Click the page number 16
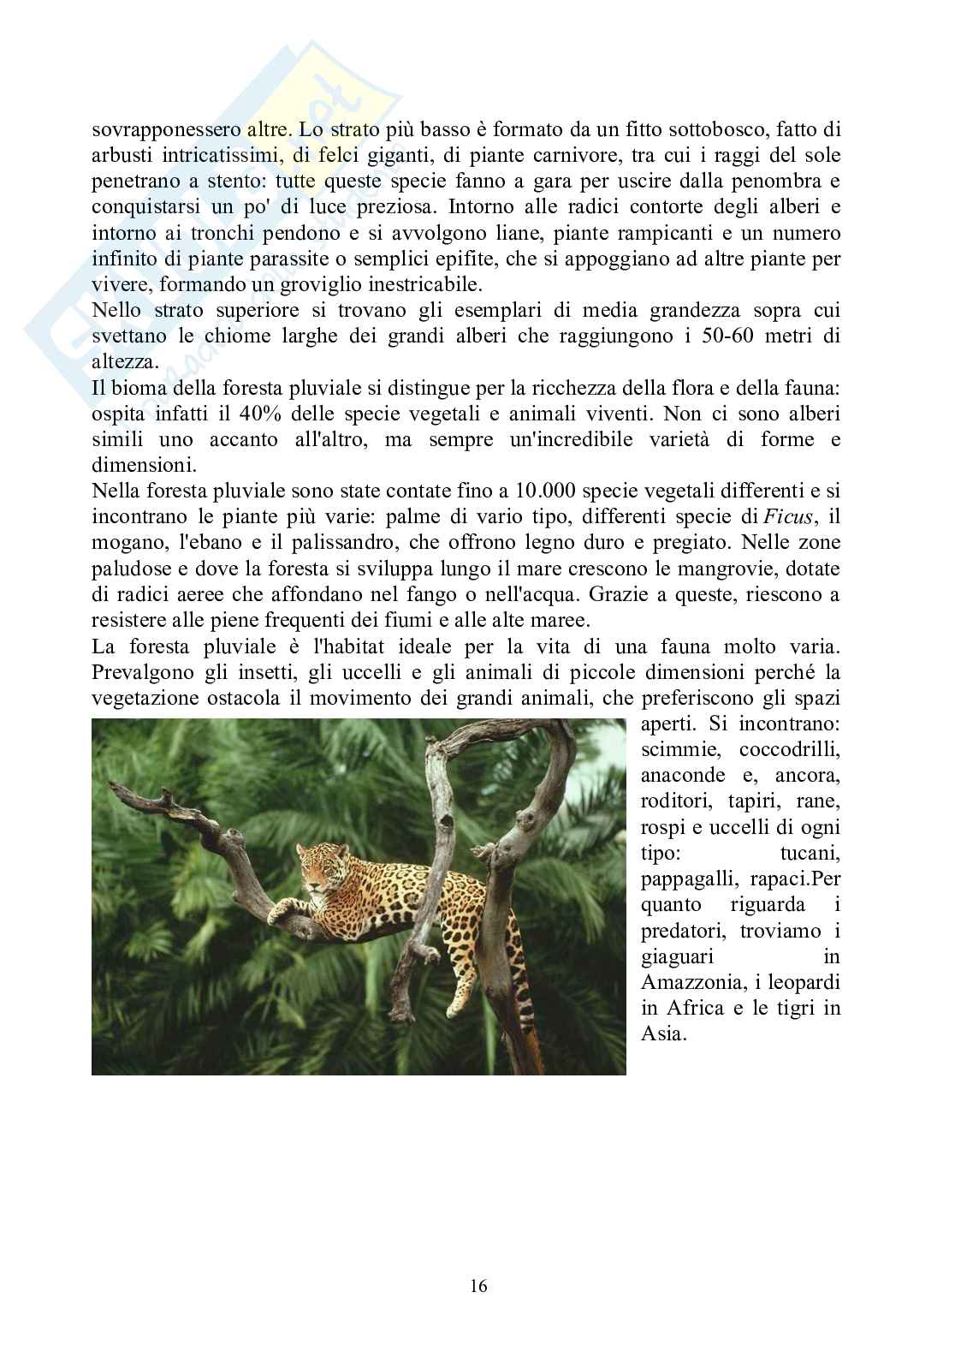click(478, 1286)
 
